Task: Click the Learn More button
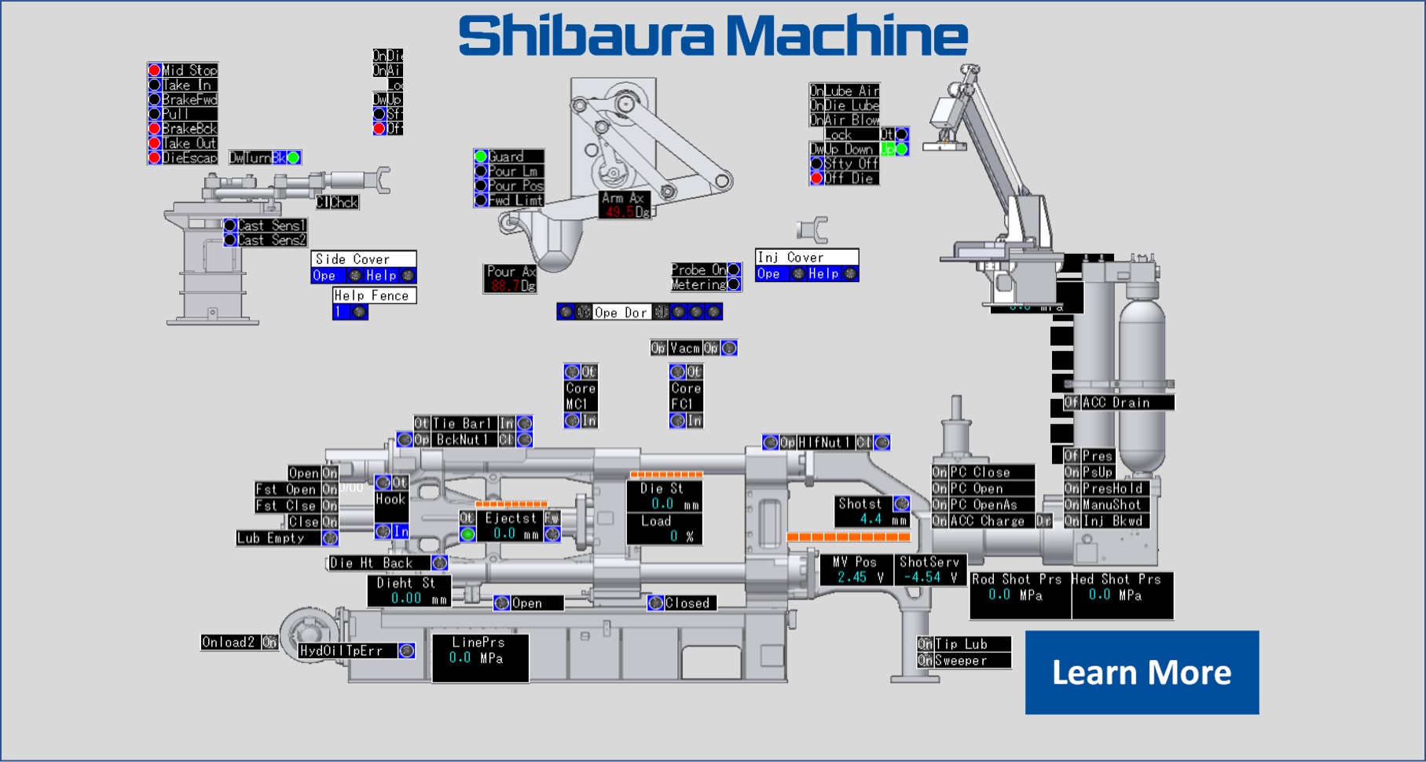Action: pos(1142,672)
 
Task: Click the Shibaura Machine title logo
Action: pos(713,35)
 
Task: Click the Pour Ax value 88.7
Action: pos(504,286)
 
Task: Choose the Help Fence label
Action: pos(372,295)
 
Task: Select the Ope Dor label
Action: pos(621,312)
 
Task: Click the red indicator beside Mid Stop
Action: pos(155,71)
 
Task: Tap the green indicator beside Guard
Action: pos(481,156)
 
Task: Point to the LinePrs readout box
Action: pos(479,658)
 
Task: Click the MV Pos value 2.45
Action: pos(852,577)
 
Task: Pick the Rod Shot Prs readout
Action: pos(1019,595)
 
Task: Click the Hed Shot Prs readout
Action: pos(1121,595)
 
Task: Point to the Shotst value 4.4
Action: pos(871,519)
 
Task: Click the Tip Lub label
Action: pos(971,644)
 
